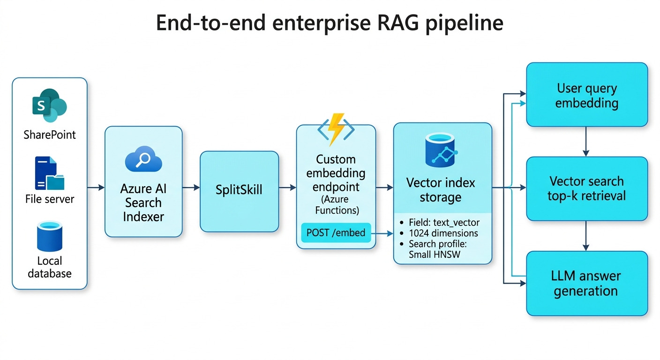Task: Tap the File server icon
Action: pos(49,173)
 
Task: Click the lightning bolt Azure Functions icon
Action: pos(336,128)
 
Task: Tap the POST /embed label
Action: pos(336,232)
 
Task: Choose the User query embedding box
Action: pos(587,95)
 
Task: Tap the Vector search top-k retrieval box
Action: pos(587,188)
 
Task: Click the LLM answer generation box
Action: pos(587,283)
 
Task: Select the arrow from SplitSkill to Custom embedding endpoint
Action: pos(287,187)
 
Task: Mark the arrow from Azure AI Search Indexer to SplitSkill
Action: pos(191,187)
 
